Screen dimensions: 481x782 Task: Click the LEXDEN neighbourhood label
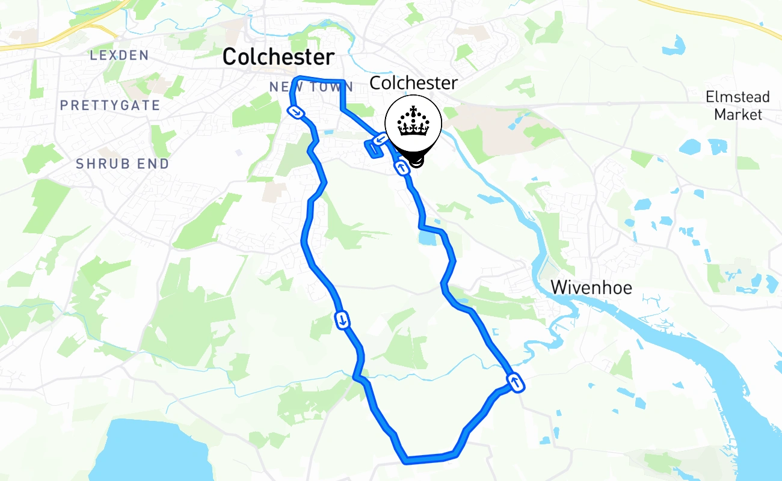tap(119, 55)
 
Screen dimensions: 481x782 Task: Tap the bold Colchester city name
tap(278, 57)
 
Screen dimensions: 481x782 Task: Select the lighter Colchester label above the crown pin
tap(413, 83)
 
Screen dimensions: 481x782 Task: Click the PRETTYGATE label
tap(110, 105)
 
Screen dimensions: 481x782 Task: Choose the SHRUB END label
tap(123, 164)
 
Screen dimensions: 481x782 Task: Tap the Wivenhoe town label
tap(591, 287)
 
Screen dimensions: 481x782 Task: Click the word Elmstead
tap(737, 97)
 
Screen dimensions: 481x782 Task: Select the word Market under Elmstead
tap(738, 114)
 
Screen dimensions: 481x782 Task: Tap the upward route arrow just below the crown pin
tap(402, 168)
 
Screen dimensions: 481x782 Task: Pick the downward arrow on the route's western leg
tap(342, 320)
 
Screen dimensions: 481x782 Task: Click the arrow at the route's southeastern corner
tap(515, 382)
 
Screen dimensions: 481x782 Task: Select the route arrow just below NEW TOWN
tap(296, 112)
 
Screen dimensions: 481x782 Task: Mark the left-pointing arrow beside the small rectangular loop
tap(380, 140)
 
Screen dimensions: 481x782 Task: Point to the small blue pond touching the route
tap(426, 238)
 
